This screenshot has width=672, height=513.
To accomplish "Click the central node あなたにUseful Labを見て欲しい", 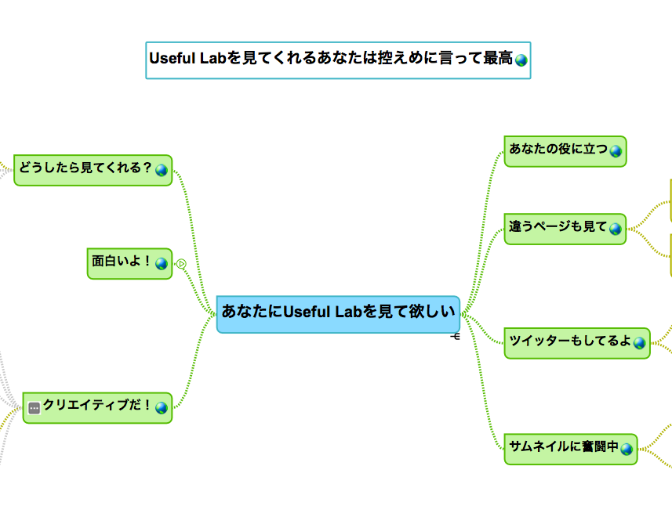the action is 338,314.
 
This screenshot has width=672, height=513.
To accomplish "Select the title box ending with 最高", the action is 338,60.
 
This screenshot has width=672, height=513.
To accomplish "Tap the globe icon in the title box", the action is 521,60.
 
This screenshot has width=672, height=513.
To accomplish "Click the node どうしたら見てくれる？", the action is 93,170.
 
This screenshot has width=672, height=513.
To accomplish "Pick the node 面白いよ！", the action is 130,263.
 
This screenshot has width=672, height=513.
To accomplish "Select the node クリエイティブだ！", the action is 97,408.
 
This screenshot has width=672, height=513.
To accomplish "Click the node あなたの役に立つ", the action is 565,151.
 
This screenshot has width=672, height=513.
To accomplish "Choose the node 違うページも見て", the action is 565,229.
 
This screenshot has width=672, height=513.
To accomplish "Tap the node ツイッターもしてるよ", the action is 577,343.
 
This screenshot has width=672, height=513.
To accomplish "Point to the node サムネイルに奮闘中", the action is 571,450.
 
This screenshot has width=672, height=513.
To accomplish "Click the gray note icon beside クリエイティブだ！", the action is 35,408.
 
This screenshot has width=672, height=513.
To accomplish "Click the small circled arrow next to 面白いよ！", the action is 181,264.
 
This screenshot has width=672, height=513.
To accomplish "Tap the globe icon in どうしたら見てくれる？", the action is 162,170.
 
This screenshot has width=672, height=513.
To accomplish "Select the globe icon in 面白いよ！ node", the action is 162,263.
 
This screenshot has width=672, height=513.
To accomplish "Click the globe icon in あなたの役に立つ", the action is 616,151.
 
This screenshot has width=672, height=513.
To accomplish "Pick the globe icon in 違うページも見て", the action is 616,229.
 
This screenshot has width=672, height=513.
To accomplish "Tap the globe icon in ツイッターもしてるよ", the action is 639,343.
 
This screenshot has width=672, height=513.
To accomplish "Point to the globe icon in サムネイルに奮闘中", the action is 627,450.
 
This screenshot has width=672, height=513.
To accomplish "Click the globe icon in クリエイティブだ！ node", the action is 162,408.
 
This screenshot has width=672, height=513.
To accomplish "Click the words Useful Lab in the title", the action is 187,58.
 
